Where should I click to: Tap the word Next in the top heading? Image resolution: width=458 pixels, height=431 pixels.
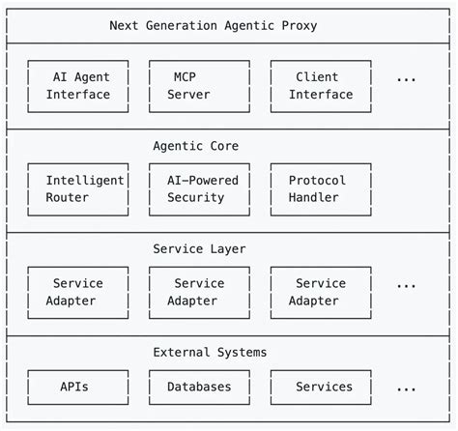click(x=125, y=26)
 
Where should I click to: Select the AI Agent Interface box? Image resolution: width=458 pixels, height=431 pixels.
click(x=78, y=86)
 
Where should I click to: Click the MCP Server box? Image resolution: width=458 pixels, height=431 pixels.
click(x=199, y=86)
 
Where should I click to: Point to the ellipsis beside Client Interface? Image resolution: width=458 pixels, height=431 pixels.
click(x=406, y=78)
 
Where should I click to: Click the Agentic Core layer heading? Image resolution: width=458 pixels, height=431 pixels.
click(x=195, y=146)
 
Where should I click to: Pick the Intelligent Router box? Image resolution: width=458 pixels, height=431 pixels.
click(x=78, y=189)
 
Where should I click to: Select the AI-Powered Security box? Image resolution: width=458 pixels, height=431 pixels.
click(x=199, y=189)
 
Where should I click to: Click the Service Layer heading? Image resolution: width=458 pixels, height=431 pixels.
click(x=199, y=249)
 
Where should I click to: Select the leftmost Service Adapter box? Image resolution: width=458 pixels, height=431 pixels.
click(x=78, y=292)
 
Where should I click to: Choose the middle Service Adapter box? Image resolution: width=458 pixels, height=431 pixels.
click(x=199, y=292)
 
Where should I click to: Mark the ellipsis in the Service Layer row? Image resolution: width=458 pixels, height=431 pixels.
click(x=406, y=285)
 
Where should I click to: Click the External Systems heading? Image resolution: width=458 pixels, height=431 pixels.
click(x=210, y=352)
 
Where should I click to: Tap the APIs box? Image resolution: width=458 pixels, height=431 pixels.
click(x=78, y=387)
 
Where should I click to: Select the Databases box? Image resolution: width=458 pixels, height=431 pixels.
click(x=199, y=387)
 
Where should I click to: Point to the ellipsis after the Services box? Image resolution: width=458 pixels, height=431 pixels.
click(x=406, y=388)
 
